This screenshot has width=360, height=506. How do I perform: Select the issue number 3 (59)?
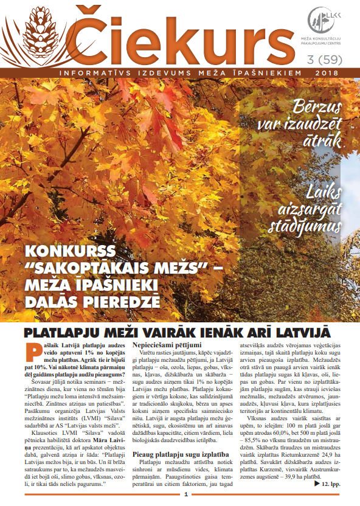[327, 61]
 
